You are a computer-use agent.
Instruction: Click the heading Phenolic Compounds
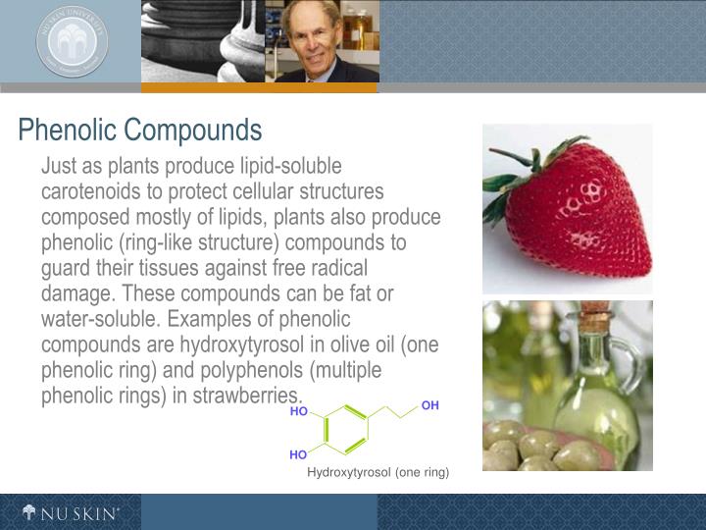140,130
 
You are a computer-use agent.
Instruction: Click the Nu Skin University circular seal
72,40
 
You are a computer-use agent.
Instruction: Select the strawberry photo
567,208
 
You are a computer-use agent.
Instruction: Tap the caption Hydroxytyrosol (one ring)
378,473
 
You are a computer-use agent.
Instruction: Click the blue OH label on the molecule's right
430,405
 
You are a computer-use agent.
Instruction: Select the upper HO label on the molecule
299,411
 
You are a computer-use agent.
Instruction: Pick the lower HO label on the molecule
298,455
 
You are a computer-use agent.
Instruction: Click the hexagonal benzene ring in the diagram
344,430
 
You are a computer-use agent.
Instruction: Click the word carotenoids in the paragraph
91,190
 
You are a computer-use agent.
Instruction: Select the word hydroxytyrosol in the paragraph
244,345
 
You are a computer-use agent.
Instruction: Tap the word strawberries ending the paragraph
249,397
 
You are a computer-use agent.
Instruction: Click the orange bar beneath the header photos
259,87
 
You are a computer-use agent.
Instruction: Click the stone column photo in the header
202,40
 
